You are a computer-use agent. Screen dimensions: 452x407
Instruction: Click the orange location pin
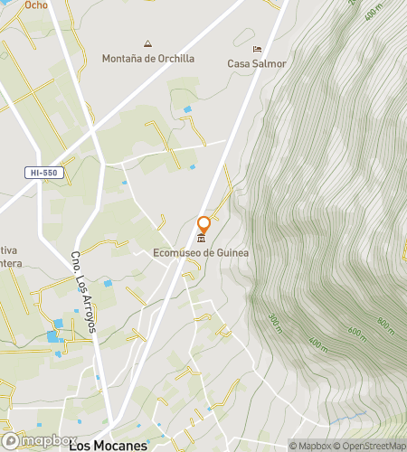click(x=204, y=224)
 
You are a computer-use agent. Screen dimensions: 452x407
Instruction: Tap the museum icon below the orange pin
click(x=202, y=239)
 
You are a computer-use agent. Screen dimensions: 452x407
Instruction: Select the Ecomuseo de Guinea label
click(x=201, y=253)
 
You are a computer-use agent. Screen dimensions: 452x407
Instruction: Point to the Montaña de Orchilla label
click(x=149, y=58)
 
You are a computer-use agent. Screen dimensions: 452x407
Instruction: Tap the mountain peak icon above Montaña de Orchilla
click(x=148, y=43)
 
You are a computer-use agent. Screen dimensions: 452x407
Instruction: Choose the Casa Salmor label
click(x=257, y=63)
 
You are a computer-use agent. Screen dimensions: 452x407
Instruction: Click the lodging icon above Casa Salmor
click(x=257, y=50)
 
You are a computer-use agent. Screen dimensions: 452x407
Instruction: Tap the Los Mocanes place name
click(x=109, y=445)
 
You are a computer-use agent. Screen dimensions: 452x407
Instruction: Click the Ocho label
click(x=36, y=5)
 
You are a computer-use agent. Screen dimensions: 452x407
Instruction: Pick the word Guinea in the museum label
click(x=231, y=253)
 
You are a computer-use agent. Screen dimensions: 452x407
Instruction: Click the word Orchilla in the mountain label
click(x=175, y=58)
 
